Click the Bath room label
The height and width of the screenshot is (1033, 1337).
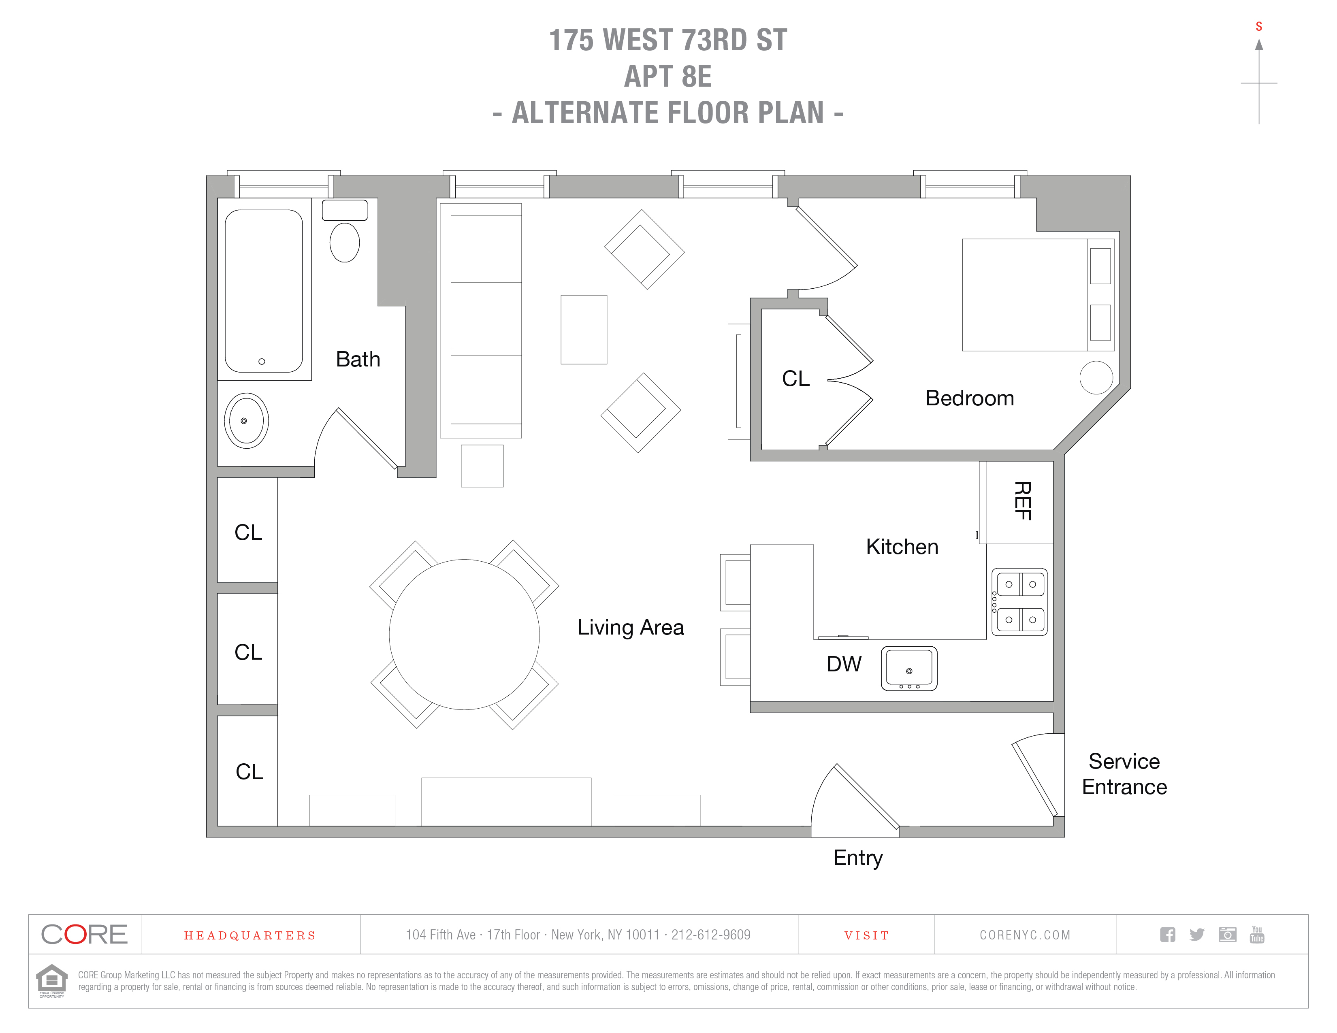point(358,359)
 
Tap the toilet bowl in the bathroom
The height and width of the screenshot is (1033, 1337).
point(345,242)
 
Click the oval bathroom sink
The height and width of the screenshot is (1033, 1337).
point(246,421)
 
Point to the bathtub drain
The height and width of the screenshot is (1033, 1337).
point(262,362)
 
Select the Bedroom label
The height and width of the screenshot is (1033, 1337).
point(969,398)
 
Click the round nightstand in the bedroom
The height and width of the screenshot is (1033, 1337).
point(1096,377)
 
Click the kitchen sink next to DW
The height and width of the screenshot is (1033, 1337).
point(909,668)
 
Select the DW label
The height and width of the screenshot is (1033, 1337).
point(844,664)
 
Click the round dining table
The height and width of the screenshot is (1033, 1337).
point(464,635)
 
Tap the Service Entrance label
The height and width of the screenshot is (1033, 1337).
point(1124,774)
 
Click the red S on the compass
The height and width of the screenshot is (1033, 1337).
point(1259,26)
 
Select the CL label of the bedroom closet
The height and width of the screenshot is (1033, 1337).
point(795,379)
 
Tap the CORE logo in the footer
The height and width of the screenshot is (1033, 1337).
point(85,935)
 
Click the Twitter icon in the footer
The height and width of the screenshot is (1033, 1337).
point(1197,935)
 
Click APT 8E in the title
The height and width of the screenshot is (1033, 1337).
point(668,77)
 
